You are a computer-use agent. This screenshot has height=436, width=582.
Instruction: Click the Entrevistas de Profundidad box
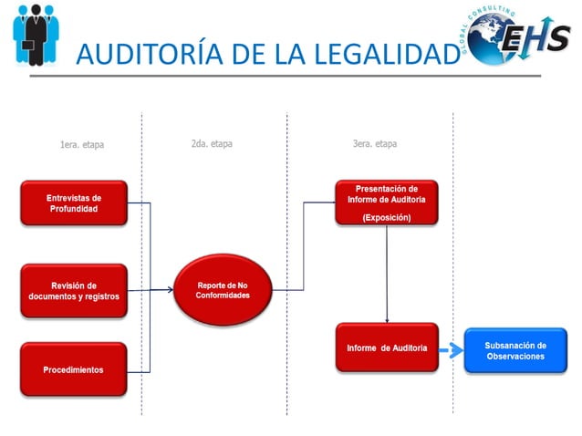[74, 202]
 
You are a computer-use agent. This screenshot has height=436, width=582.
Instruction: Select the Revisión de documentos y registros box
[74, 290]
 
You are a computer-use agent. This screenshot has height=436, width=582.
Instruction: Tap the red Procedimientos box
[74, 369]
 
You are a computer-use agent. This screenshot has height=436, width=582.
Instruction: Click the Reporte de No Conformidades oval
[223, 290]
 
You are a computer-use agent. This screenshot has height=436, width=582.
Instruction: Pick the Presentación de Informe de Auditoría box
[386, 202]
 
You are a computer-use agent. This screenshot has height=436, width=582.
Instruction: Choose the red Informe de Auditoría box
[386, 348]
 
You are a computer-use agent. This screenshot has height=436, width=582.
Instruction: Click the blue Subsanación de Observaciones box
[514, 350]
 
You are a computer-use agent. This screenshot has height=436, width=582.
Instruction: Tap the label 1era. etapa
[81, 145]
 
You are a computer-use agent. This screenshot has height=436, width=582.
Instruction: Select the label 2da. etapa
[211, 144]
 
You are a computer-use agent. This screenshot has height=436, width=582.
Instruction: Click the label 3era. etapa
[374, 144]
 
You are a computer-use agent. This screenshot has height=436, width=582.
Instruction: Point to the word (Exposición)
[386, 217]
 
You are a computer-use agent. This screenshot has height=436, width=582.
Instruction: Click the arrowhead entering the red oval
[169, 290]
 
